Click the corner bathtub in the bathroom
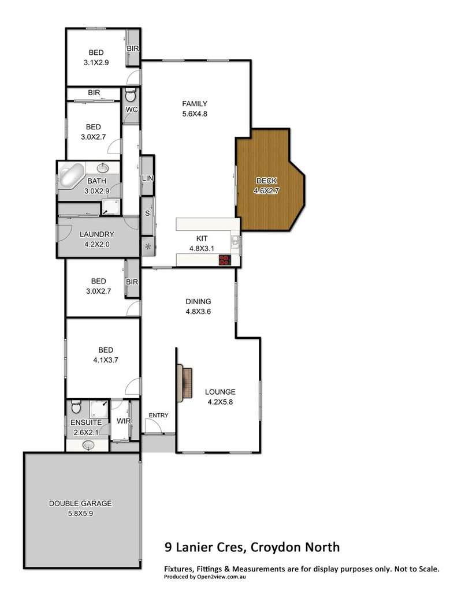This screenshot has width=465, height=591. click(72, 175)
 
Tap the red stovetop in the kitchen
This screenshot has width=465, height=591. click(225, 260)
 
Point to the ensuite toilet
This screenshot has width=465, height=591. click(75, 409)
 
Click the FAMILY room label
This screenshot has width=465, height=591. click(195, 104)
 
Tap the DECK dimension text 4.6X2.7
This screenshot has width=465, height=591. click(266, 191)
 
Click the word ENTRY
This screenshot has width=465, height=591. click(158, 416)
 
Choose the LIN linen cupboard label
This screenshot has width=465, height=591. click(147, 178)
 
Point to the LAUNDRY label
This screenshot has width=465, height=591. click(97, 234)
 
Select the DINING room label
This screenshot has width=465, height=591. click(198, 301)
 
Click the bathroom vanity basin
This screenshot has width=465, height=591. click(103, 169)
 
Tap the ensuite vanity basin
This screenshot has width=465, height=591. click(88, 445)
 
